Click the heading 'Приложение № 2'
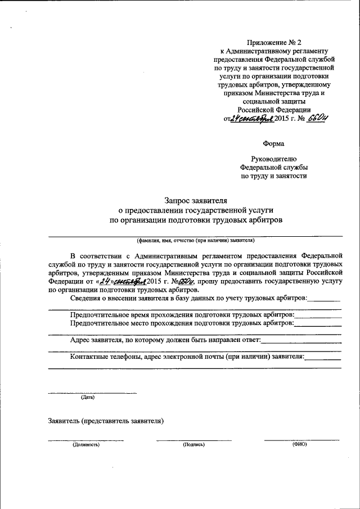tap(274, 42)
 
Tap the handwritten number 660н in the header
tap(317, 119)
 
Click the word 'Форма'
tap(273, 143)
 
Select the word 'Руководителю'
tap(273, 160)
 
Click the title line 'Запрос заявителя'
tap(196, 200)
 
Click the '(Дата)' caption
tap(88, 398)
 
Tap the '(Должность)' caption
tap(85, 445)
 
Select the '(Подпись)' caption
tap(193, 445)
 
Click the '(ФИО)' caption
tap(299, 444)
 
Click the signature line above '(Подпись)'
tap(193, 440)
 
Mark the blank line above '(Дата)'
tap(92, 393)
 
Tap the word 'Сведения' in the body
tap(85, 298)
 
